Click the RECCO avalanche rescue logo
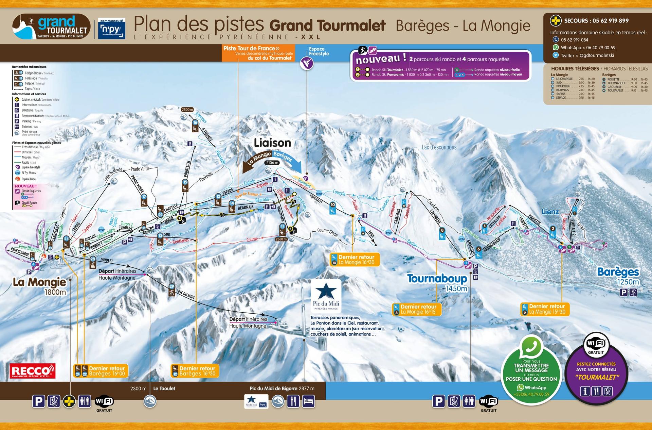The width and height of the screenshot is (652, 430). click(x=33, y=371)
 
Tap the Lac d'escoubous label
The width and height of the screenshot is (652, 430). click(x=439, y=147)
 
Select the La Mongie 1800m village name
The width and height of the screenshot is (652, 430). click(x=40, y=286)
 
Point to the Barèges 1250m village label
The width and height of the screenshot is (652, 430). click(x=618, y=276)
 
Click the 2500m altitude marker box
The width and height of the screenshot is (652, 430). click(x=187, y=110)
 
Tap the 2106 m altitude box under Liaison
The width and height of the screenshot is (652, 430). click(x=272, y=163)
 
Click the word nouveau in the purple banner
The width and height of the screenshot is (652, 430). click(x=378, y=60)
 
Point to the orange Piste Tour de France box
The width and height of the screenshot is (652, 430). click(x=258, y=53)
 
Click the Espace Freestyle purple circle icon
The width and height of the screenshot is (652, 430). click(x=307, y=63)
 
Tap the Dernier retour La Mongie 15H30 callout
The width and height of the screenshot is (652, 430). click(x=544, y=309)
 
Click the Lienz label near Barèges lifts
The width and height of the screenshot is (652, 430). click(x=550, y=212)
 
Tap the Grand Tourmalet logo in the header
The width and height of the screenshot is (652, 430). click(x=51, y=27)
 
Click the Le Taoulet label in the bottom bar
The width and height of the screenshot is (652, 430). click(x=164, y=388)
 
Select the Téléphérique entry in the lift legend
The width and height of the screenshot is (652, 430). click(x=33, y=73)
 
